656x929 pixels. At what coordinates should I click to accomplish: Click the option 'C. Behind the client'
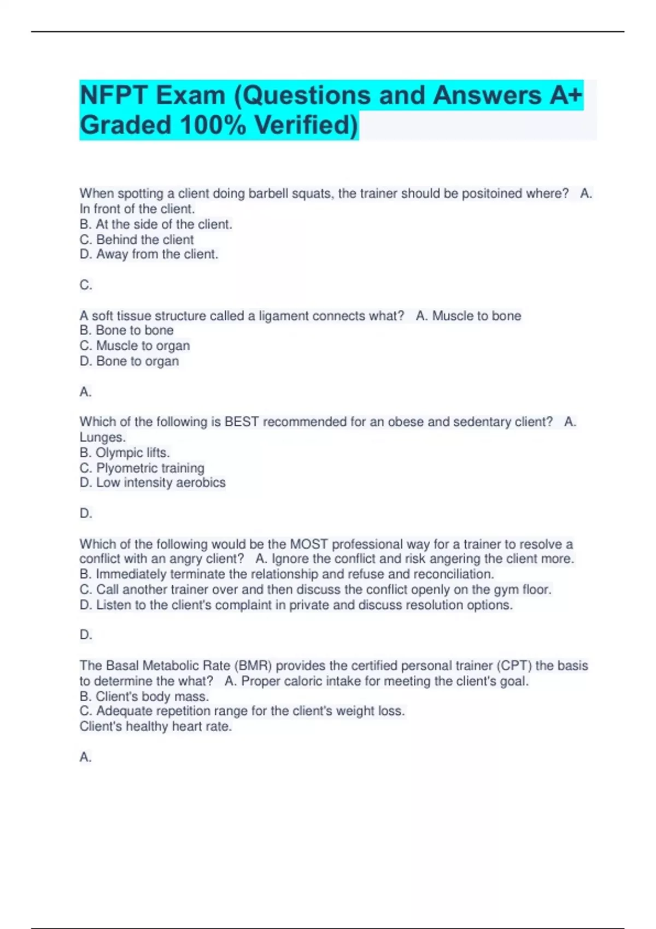pyautogui.click(x=137, y=239)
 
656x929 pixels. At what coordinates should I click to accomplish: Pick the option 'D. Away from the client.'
pyautogui.click(x=149, y=254)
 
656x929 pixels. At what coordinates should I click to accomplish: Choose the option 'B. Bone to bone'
pyautogui.click(x=126, y=330)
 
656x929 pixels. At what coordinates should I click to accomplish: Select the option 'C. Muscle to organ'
pyautogui.click(x=134, y=345)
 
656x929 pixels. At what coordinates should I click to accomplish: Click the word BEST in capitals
pyautogui.click(x=241, y=422)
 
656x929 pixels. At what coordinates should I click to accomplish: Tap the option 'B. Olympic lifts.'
pyautogui.click(x=125, y=452)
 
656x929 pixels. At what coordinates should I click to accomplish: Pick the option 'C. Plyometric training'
pyautogui.click(x=142, y=468)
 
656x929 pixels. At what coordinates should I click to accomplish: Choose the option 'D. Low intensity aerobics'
pyautogui.click(x=152, y=483)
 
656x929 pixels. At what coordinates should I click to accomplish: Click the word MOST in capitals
pyautogui.click(x=308, y=544)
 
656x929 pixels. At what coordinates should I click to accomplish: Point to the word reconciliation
pyautogui.click(x=453, y=574)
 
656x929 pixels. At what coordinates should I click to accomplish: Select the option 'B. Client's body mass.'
pyautogui.click(x=144, y=696)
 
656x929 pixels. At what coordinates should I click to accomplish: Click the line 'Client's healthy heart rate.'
pyautogui.click(x=155, y=726)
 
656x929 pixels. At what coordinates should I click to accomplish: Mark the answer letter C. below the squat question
pyautogui.click(x=86, y=285)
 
